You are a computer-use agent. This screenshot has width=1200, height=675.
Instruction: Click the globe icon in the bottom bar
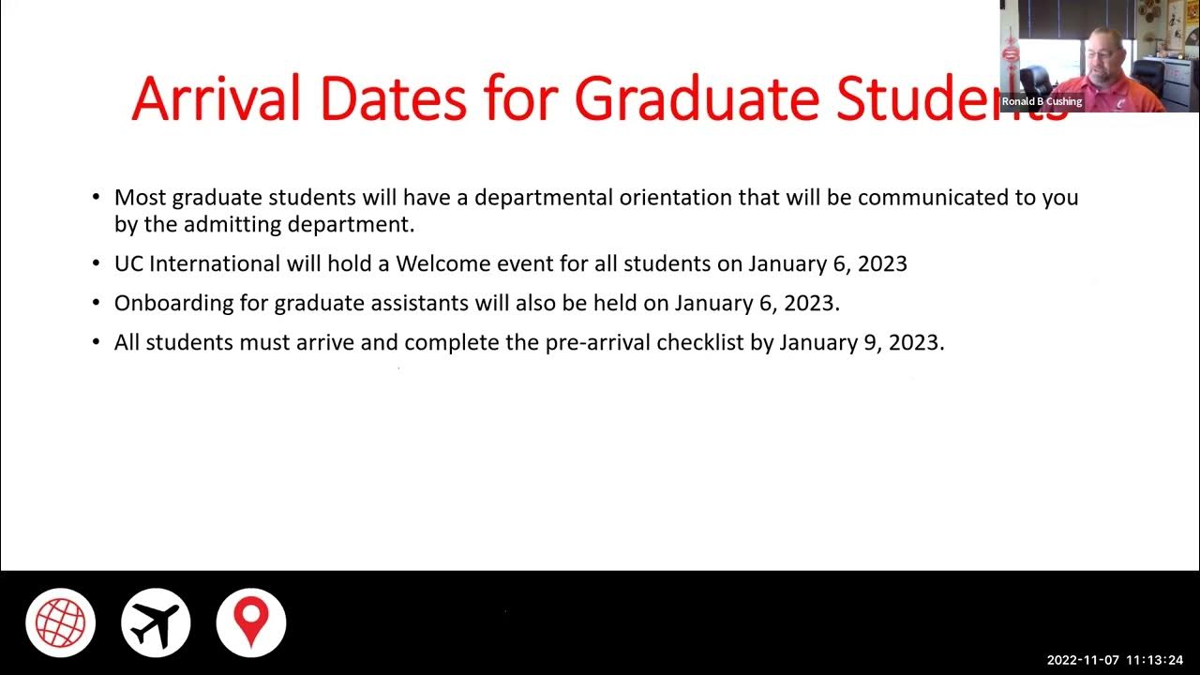tap(60, 622)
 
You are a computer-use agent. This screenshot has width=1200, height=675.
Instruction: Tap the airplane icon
tap(156, 622)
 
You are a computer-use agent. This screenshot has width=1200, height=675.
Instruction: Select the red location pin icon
tap(250, 622)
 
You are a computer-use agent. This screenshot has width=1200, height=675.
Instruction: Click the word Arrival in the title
tap(216, 97)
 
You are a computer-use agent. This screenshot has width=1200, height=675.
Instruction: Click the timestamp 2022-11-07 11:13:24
tap(1115, 660)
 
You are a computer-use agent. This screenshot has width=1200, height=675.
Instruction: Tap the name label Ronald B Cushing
tap(1042, 101)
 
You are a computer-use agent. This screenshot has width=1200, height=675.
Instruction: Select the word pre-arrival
tap(597, 342)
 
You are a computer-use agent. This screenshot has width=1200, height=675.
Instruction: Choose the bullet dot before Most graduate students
tap(97, 198)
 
